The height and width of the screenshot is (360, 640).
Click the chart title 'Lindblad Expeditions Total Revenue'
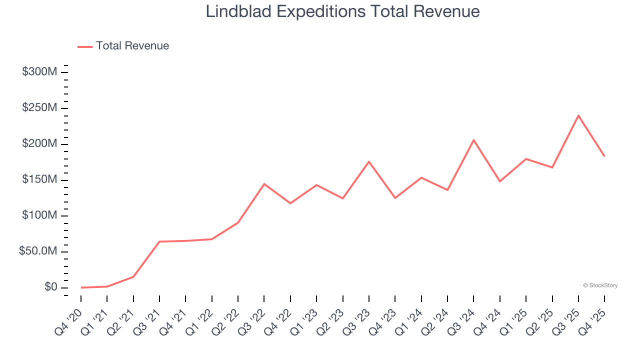coord(342,12)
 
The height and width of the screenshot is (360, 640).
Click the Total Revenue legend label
coord(132,46)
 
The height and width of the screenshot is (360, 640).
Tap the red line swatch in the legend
coord(85,46)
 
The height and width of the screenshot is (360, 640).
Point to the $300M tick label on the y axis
coord(39,72)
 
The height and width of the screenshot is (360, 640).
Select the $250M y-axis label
coord(39,108)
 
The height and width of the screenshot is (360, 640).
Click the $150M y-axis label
coord(39,180)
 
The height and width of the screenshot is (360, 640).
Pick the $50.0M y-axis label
coord(38,251)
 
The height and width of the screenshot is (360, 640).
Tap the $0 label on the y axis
coord(50,287)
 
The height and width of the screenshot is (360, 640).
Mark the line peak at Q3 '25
coord(578,115)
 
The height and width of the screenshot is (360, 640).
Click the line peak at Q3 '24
coord(473,140)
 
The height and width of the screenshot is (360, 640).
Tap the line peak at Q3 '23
coord(369,161)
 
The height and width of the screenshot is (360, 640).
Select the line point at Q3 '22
coord(264,184)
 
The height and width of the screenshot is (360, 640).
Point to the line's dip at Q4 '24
coord(500,181)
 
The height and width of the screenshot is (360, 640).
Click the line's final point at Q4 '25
coord(604,156)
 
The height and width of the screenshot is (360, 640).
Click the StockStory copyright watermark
coord(600,285)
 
